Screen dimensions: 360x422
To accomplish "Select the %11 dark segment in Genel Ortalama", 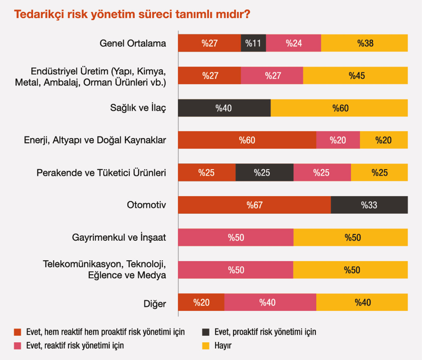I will [253, 43].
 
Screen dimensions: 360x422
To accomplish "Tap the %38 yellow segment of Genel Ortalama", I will [365, 43].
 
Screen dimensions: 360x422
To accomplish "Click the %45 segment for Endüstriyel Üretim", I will [355, 76].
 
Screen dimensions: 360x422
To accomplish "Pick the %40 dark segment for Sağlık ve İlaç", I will [224, 108].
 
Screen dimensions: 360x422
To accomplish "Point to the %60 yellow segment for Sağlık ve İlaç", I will [340, 108].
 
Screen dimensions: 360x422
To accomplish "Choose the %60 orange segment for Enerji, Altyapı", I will [247, 140].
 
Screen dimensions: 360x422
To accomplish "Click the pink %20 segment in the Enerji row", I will [338, 140].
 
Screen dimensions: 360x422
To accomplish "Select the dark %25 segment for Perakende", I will [264, 173].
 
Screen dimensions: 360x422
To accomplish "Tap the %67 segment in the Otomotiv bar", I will [254, 205].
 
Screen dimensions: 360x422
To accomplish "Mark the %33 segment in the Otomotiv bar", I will [369, 205].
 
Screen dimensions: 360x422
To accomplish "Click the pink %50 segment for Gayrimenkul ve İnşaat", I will [236, 237].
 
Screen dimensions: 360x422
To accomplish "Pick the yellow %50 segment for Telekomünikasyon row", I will [350, 270].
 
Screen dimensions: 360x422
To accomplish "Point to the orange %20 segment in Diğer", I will [201, 302].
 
